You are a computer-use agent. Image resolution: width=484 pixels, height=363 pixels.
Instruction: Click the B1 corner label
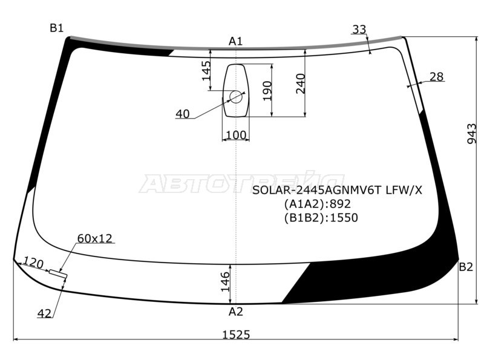[56, 28]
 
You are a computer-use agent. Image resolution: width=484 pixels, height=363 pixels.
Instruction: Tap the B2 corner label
[466, 267]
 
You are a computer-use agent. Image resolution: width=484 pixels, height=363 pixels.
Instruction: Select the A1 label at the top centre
[235, 41]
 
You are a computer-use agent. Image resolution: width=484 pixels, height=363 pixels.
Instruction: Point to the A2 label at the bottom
[236, 312]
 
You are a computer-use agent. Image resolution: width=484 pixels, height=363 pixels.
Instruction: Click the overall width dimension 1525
[237, 335]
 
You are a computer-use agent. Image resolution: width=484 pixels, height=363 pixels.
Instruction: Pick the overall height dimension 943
[472, 133]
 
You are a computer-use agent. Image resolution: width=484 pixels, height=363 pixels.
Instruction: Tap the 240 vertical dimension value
[300, 83]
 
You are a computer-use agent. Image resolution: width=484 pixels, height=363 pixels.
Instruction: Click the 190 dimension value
[267, 91]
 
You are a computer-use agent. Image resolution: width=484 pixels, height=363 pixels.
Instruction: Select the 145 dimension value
[206, 71]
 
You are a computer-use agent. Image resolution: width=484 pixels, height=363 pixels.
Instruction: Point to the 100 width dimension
[236, 135]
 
